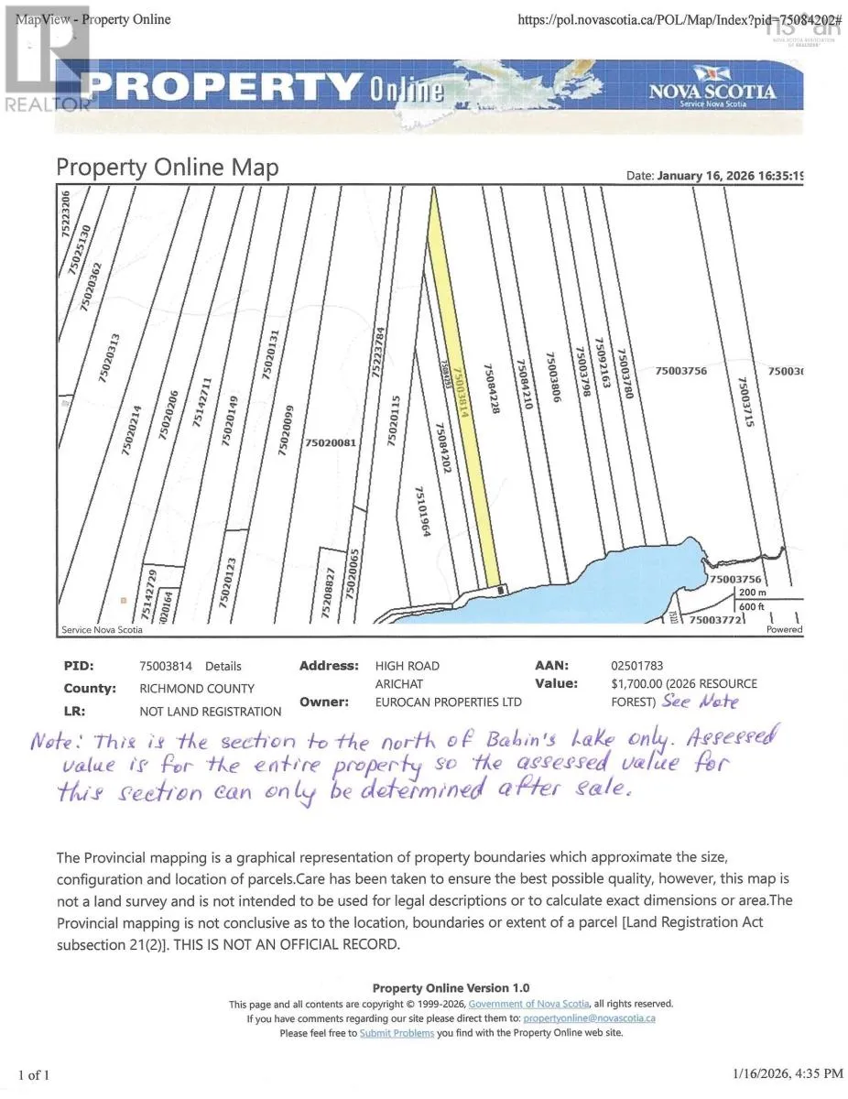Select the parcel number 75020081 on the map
(330, 443)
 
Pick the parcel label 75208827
(326, 594)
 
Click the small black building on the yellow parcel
(500, 590)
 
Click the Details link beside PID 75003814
(223, 666)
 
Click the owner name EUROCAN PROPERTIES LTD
(448, 702)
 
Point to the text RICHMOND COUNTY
(197, 689)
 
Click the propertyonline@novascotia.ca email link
(589, 1017)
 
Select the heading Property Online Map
(168, 168)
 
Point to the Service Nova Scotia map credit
(101, 630)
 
